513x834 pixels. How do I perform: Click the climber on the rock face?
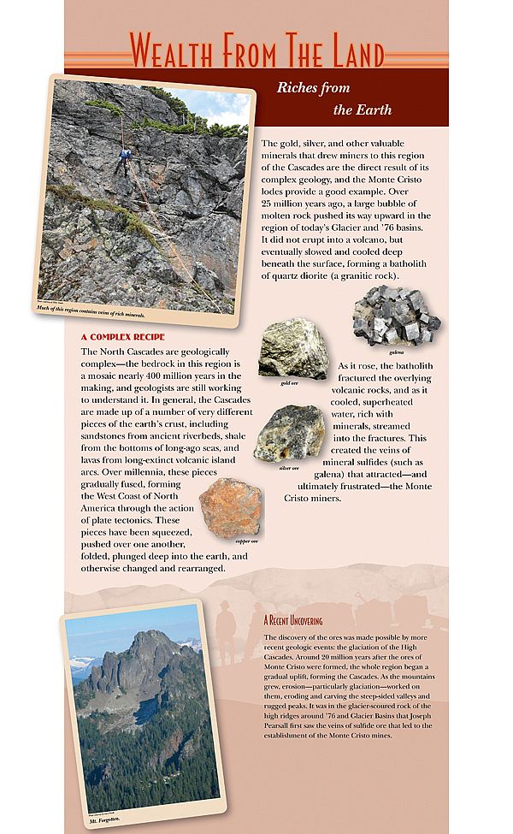pos(125,159)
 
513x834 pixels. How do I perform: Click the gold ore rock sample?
pos(293,348)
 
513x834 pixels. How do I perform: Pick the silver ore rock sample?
pos(289,434)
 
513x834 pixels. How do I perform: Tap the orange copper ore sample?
pos(231,507)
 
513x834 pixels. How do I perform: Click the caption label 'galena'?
pos(396,352)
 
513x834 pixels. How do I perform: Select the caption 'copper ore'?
pos(248,541)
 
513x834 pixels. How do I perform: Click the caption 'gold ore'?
pos(290,382)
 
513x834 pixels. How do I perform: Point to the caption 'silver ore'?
pos(289,468)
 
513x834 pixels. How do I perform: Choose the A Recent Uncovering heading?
pos(293,619)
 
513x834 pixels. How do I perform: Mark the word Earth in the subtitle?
pos(373,109)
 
